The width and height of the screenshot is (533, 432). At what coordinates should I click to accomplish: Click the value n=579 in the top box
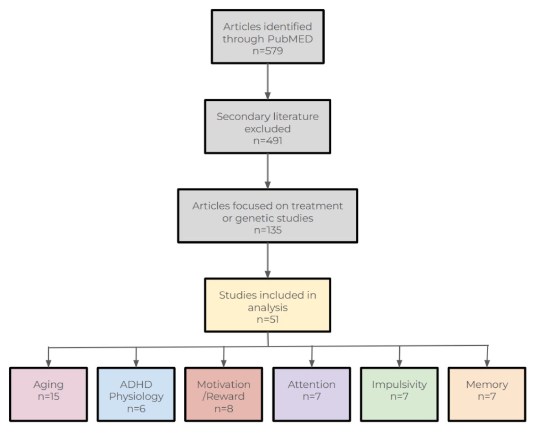click(x=267, y=51)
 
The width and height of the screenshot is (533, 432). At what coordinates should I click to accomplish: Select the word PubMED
click(x=290, y=39)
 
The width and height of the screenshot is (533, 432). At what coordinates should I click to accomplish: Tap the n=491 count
click(x=267, y=141)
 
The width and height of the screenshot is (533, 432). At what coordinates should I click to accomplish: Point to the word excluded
click(x=267, y=129)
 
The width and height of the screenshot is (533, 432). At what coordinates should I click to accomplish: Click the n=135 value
click(x=267, y=230)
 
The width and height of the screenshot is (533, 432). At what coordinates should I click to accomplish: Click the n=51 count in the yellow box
click(x=267, y=319)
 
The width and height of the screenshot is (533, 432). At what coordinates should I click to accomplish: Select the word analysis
click(x=267, y=308)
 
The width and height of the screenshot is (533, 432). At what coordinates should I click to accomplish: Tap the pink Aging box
click(x=49, y=394)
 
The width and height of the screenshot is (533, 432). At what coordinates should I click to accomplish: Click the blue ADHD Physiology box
click(x=136, y=394)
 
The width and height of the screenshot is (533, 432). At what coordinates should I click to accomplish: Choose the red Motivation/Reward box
click(x=224, y=394)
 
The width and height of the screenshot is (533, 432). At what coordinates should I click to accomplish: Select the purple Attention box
click(x=311, y=394)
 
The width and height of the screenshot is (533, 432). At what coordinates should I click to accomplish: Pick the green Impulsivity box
click(x=399, y=394)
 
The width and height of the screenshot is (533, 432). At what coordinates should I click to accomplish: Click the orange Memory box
click(x=487, y=394)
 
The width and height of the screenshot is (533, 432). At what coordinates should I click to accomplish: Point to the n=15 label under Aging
click(x=49, y=397)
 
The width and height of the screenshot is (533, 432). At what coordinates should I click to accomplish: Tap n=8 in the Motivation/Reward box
click(x=224, y=409)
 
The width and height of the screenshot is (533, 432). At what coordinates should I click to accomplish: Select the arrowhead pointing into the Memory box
click(x=487, y=364)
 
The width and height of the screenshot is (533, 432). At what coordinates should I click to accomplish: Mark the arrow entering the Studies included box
click(x=267, y=261)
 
